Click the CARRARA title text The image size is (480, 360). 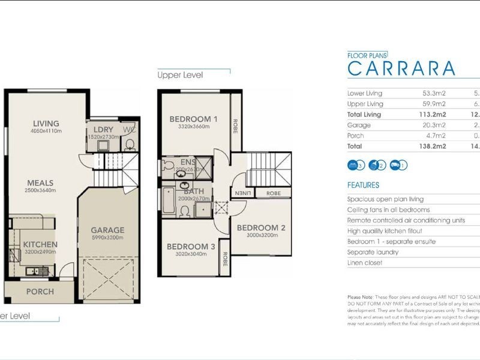coord(401,68)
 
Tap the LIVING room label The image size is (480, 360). coord(46,124)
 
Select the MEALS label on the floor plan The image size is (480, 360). coord(40,183)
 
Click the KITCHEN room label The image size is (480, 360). coord(40,244)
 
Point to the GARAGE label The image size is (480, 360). coord(107,230)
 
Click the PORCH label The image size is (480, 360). coord(40,292)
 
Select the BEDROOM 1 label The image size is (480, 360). coord(193,119)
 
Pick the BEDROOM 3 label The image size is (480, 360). coord(191,247)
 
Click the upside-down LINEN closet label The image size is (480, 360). coord(243,193)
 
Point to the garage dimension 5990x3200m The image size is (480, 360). coord(107,238)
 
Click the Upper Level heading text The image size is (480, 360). coord(180,76)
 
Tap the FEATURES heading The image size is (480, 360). coord(363,185)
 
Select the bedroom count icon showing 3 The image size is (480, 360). coord(356,165)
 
